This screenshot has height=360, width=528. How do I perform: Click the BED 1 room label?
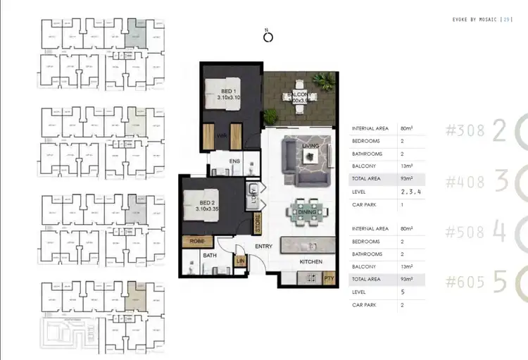coord(227,92)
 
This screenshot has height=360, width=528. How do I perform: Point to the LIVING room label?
coord(310,146)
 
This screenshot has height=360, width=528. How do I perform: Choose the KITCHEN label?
coord(310,261)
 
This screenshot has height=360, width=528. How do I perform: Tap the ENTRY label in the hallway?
coord(264,246)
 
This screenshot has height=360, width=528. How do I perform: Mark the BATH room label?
coord(208,256)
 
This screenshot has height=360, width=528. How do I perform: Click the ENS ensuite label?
coord(235,161)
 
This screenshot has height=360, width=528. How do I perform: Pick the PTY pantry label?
coord(328,279)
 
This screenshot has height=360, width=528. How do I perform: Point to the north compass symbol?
coord(268,37)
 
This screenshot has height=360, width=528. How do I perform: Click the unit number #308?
coord(465,131)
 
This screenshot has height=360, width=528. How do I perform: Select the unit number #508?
coord(465,232)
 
